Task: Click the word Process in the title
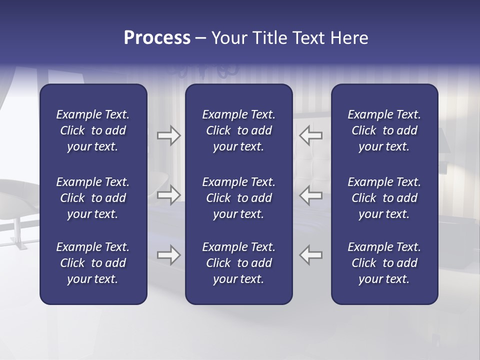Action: pyautogui.click(x=157, y=38)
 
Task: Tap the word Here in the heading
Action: pyautogui.click(x=349, y=38)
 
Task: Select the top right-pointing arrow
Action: pyautogui.click(x=169, y=135)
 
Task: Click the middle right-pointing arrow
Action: pyautogui.click(x=169, y=195)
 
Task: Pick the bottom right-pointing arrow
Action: pyautogui.click(x=169, y=255)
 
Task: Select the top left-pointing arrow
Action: pyautogui.click(x=310, y=135)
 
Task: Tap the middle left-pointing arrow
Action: pyautogui.click(x=310, y=195)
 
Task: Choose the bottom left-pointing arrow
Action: pyautogui.click(x=310, y=255)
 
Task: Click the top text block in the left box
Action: pyautogui.click(x=93, y=130)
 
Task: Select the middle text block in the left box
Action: pyautogui.click(x=93, y=198)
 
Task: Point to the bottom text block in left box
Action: pyautogui.click(x=93, y=263)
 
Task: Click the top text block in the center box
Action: pyautogui.click(x=238, y=130)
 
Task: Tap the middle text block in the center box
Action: pyautogui.click(x=238, y=198)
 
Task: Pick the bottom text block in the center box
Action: pyautogui.click(x=238, y=263)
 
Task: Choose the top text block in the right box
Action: pyautogui.click(x=384, y=130)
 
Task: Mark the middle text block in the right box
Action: pyautogui.click(x=384, y=198)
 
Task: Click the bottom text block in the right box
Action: pyautogui.click(x=384, y=263)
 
